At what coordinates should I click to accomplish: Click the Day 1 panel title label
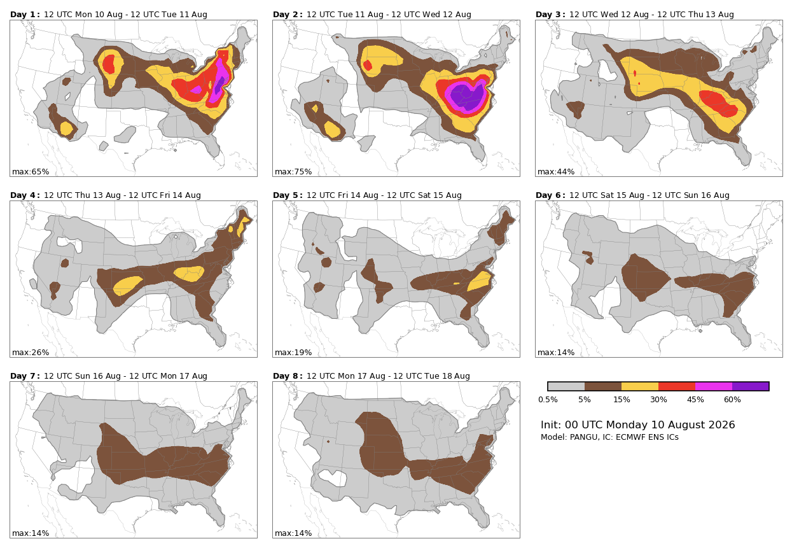(x=109, y=15)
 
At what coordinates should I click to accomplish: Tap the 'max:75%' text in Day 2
(x=293, y=172)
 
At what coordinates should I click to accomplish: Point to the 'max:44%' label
(x=556, y=172)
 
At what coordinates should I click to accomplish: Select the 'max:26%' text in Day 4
(x=31, y=353)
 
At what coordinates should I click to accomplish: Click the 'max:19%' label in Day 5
(x=293, y=353)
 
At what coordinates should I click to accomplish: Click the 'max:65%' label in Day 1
(x=31, y=172)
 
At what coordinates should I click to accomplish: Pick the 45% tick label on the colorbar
(x=695, y=400)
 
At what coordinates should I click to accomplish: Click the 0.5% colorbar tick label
(x=548, y=400)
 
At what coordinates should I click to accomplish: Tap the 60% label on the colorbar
(x=732, y=400)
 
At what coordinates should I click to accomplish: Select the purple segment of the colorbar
(x=750, y=386)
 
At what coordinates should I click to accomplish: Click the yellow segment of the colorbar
(x=639, y=386)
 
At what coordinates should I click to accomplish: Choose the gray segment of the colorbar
(x=566, y=386)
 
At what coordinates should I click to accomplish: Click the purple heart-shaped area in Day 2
(x=467, y=95)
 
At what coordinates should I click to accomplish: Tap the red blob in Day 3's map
(x=718, y=103)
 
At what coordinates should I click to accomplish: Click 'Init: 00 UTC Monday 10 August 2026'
(x=637, y=425)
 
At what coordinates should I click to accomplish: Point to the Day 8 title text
(x=372, y=376)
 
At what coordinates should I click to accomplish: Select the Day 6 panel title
(x=632, y=195)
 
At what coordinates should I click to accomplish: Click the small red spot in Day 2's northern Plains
(x=368, y=66)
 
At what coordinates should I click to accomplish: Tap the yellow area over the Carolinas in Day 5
(x=480, y=281)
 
